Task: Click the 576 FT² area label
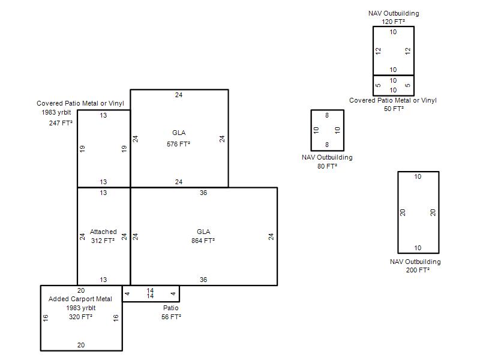coord(178,144)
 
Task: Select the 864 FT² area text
coord(203,241)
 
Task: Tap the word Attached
coord(103,232)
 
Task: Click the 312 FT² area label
coord(103,241)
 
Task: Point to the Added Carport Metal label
coord(80,299)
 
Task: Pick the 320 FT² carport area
coord(80,317)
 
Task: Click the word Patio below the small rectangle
coord(171,308)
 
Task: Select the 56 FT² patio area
coord(171,317)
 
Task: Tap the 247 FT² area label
coord(61,123)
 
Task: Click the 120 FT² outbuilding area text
coord(394,22)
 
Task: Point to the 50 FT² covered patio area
coord(394,109)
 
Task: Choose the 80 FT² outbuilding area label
coord(327,166)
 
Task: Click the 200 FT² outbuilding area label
coord(418,270)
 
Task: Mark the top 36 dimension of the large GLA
coord(203,193)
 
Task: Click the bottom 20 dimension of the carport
coord(81,345)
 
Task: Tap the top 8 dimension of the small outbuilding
coord(327,115)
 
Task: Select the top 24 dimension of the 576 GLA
coord(179,95)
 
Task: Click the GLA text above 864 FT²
coord(203,232)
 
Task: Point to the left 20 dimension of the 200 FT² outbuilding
coord(403,212)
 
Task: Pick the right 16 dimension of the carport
coord(116,318)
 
